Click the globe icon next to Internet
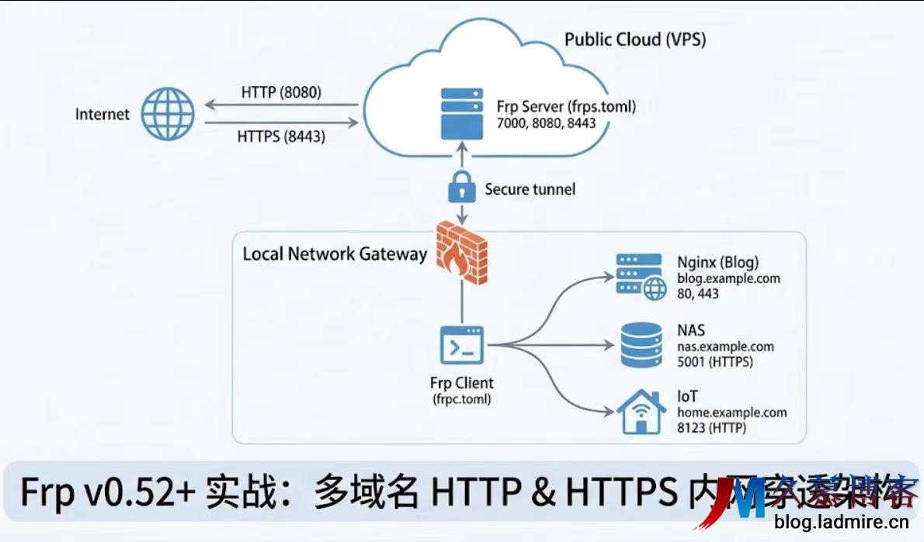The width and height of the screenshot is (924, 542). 168,114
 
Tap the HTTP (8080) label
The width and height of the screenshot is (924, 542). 281,92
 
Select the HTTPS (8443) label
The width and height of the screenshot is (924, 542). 281,136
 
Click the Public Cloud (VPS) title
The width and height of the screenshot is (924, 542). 634,40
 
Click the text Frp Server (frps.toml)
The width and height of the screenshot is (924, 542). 566,106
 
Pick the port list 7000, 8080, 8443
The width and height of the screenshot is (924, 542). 546,123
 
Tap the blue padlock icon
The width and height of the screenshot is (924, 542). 461,188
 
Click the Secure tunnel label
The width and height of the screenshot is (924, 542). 530,189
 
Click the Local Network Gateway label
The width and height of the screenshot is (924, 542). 335,254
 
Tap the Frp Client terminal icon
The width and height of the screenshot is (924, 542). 461,345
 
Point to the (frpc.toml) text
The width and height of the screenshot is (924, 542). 461,399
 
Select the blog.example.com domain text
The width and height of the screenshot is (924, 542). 728,278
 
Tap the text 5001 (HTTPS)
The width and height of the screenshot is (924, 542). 714,361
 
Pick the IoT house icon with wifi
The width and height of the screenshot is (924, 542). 641,413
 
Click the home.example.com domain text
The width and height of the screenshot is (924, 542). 731,413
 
